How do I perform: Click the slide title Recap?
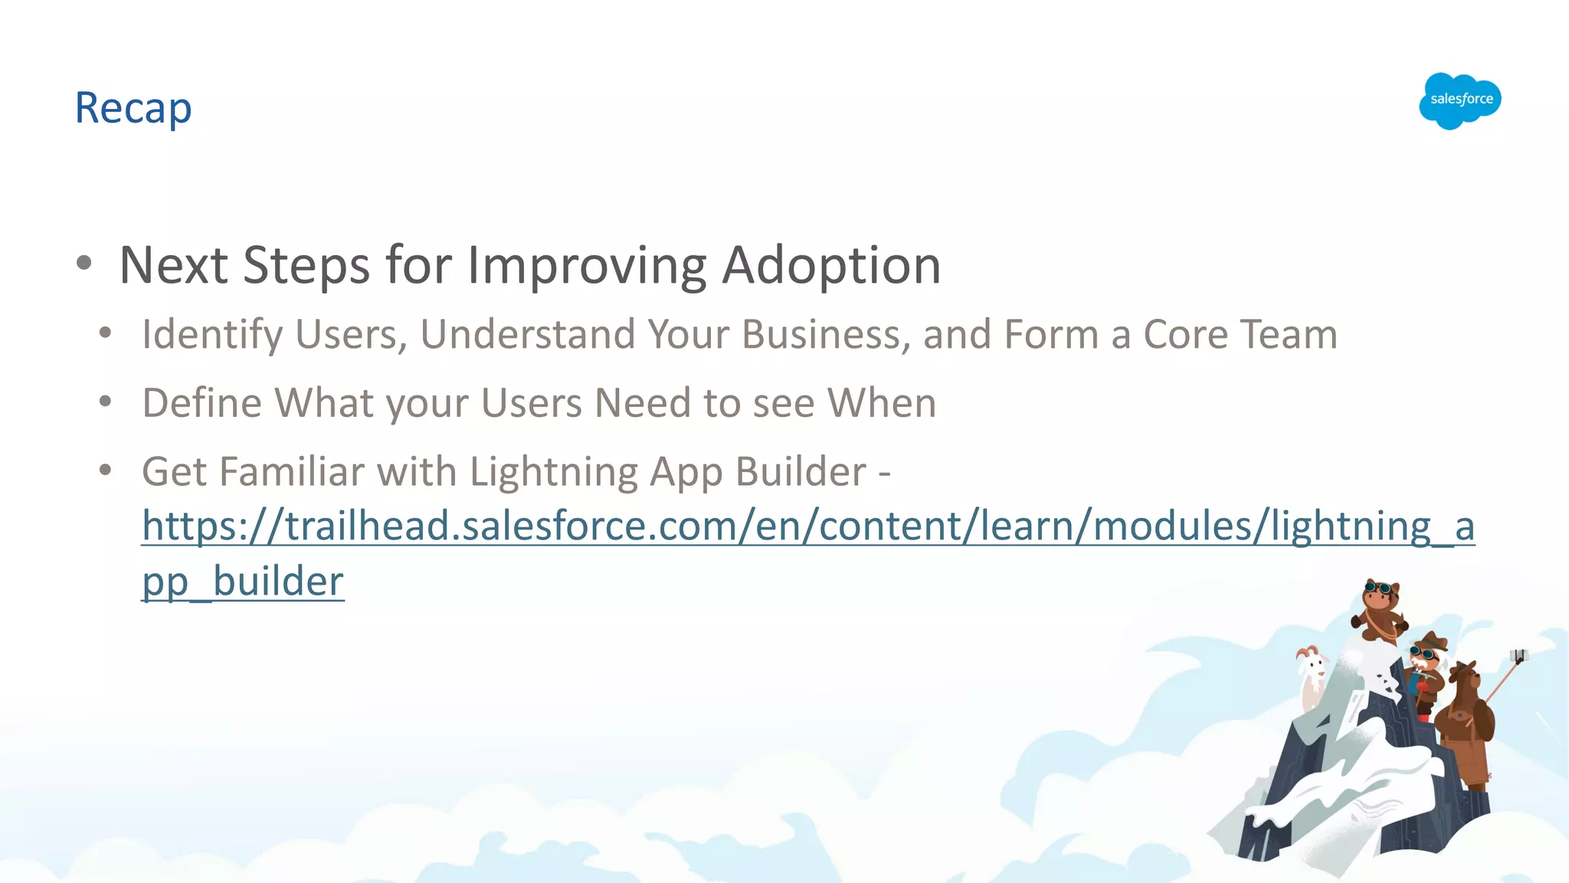[133, 108]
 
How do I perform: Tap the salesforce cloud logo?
[1460, 100]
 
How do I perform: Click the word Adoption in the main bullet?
[831, 265]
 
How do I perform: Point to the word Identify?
[212, 335]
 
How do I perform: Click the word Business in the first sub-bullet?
[826, 335]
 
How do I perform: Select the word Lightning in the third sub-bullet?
[553, 472]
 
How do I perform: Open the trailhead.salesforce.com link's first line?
[808, 527]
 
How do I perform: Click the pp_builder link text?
[243, 582]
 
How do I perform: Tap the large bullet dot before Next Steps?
[84, 264]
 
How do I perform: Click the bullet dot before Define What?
[106, 401]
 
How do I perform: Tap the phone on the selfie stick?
[1519, 655]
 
